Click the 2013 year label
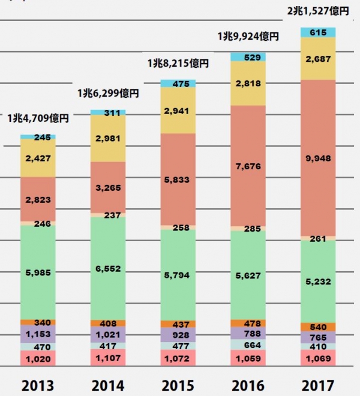[x=37, y=385]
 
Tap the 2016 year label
[x=248, y=385]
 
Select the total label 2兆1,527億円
[x=318, y=10]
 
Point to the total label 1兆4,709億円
[x=38, y=118]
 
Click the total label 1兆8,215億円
[x=178, y=63]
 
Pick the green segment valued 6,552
[x=108, y=269]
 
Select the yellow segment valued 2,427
[x=38, y=158]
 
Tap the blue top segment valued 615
[x=318, y=32]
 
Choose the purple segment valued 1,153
[x=38, y=334]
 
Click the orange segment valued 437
[x=178, y=324]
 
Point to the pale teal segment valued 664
[x=248, y=344]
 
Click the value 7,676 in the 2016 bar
[x=248, y=166]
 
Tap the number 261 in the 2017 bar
[x=318, y=238]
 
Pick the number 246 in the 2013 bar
[x=38, y=223]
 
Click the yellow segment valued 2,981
[x=108, y=139]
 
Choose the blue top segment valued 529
[x=248, y=57]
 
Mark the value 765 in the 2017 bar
[x=318, y=338]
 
